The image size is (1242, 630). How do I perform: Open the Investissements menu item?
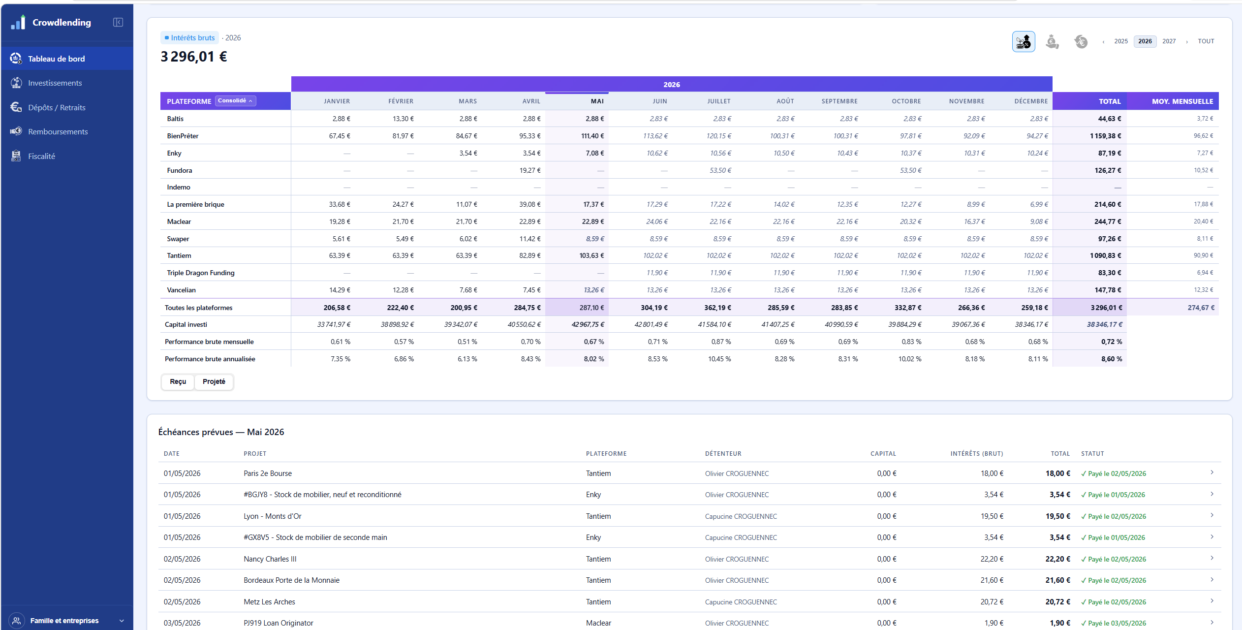[55, 83]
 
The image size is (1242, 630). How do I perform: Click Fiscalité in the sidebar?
[41, 157]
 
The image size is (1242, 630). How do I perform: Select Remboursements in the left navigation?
[58, 132]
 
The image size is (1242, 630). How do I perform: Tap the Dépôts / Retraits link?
[57, 108]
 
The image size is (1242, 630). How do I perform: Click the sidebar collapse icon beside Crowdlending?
[118, 22]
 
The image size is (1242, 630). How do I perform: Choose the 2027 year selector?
[1169, 41]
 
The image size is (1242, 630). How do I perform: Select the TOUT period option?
[1206, 41]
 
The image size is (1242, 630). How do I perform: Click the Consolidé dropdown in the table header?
[235, 101]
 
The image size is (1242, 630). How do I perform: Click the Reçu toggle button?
[178, 382]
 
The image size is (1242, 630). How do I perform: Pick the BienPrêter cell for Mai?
[592, 136]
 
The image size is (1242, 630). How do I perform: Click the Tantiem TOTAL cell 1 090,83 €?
[1105, 256]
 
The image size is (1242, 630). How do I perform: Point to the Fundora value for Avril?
[530, 170]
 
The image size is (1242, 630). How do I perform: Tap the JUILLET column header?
[718, 101]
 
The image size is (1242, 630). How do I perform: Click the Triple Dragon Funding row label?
[201, 273]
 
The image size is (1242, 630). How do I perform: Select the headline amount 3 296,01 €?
[194, 57]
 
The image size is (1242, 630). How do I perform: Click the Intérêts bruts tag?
[189, 38]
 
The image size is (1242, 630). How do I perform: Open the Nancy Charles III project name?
[270, 559]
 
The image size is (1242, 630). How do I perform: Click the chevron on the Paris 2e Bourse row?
[1212, 473]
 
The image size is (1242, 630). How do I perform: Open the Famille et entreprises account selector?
[67, 621]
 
